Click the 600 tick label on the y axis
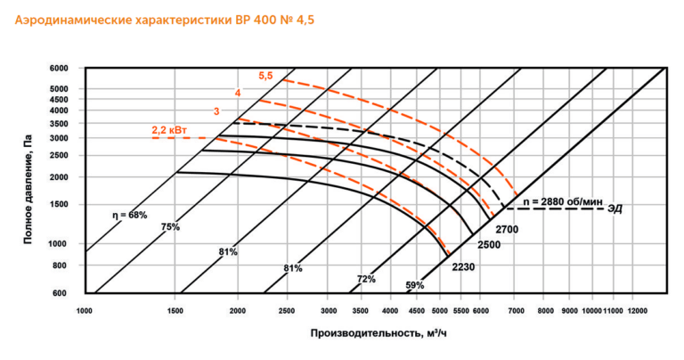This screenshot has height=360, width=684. pos(61,293)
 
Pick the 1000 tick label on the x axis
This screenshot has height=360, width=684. pos(85,311)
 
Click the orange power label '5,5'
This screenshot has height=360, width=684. pos(265,76)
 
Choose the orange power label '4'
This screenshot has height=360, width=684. pos(238,94)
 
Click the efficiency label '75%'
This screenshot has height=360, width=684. pos(170,227)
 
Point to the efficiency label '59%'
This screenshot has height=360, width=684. pos(415,286)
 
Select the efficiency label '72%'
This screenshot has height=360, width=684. pos(366,279)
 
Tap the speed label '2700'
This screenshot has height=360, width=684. pos(507,229)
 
